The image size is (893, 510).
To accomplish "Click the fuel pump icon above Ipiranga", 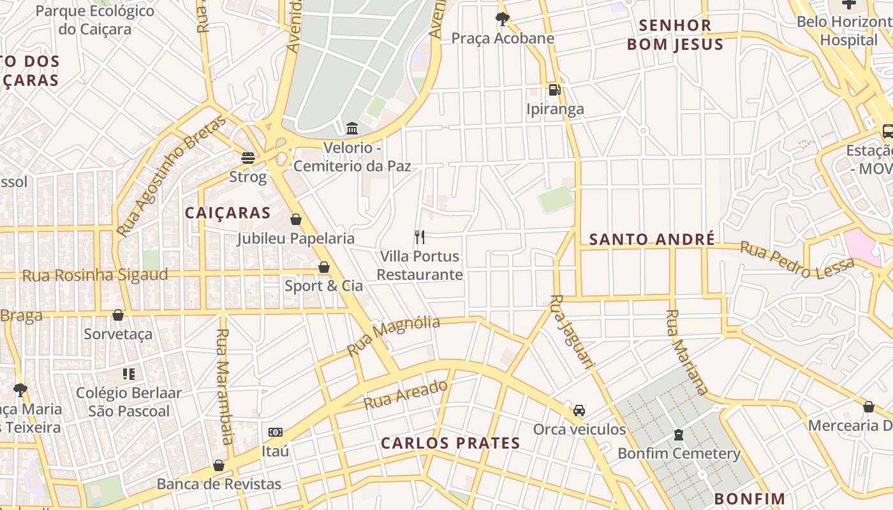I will coord(554,90).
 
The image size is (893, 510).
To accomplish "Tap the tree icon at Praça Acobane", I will coord(502,18).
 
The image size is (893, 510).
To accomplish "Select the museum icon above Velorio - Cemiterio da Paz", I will coord(352,128).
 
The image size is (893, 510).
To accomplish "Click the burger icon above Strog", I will coord(248,157).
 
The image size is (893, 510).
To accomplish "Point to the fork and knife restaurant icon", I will coord(420,237).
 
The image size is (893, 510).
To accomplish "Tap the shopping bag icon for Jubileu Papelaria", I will coord(296,220).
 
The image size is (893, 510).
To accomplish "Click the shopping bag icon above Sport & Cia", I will coord(324,267).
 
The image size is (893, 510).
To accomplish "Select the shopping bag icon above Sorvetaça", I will coord(118,315).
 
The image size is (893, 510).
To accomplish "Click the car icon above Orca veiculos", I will coord(579,411).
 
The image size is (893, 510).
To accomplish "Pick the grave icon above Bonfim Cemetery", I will coord(679,435).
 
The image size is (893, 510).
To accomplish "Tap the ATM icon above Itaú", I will coord(276,432).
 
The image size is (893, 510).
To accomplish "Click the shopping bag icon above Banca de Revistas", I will coord(219,465).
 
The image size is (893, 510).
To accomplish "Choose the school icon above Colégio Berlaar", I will coord(129,374).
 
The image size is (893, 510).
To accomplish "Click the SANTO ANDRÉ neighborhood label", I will coord(651,240).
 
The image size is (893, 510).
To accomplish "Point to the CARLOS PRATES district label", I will coord(450,443).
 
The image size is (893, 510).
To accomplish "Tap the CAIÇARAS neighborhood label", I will coord(228,213).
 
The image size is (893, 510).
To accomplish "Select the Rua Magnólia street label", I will coord(393,335).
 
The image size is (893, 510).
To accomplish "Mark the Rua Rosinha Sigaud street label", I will coord(95,275).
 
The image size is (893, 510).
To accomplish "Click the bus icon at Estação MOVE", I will coord(887,131).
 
